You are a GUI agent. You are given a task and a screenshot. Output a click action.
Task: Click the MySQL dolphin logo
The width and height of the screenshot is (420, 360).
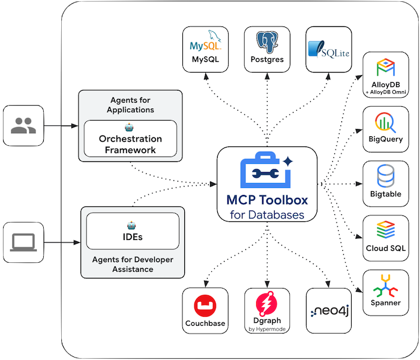(x=205, y=40)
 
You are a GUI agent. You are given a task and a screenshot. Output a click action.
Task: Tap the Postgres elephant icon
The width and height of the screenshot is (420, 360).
(x=267, y=42)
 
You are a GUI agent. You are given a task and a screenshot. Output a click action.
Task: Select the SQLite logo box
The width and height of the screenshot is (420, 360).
(x=329, y=49)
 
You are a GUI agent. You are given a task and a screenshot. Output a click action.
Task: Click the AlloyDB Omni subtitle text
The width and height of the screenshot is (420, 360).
(x=386, y=92)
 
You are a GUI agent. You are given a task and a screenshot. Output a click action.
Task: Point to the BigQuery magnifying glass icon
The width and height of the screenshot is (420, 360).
(x=385, y=122)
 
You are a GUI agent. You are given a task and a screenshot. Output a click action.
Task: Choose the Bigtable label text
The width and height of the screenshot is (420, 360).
(x=386, y=194)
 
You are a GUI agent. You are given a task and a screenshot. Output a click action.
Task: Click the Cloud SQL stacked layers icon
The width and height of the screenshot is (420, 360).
(x=386, y=230)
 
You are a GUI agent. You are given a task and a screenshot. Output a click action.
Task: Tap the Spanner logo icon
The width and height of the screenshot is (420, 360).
(x=385, y=286)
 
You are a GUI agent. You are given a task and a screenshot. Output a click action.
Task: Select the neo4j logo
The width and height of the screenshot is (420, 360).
(x=330, y=311)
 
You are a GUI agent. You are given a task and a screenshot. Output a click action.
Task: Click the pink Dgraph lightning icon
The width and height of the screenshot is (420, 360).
(x=266, y=304)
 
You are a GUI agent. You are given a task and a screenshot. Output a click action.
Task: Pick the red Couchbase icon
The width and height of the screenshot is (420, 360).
(x=205, y=305)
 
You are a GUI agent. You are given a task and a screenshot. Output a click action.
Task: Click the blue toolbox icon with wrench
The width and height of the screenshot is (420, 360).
(x=266, y=170)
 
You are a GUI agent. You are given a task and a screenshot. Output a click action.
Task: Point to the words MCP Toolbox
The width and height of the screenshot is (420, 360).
(x=267, y=200)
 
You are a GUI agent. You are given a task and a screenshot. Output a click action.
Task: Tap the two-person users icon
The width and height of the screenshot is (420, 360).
(x=23, y=125)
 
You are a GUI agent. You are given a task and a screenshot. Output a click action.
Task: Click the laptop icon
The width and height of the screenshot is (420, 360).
(x=23, y=242)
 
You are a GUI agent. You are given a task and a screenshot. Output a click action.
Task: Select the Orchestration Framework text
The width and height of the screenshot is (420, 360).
(x=130, y=144)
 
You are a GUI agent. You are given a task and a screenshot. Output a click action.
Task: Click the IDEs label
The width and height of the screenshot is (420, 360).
(x=133, y=237)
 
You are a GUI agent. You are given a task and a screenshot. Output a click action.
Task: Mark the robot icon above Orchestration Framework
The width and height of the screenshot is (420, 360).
(x=129, y=127)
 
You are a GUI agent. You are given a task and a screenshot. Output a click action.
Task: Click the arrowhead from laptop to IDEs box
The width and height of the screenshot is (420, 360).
(x=77, y=242)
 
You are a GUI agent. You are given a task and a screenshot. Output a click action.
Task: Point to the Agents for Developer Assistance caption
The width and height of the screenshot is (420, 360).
(x=133, y=264)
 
